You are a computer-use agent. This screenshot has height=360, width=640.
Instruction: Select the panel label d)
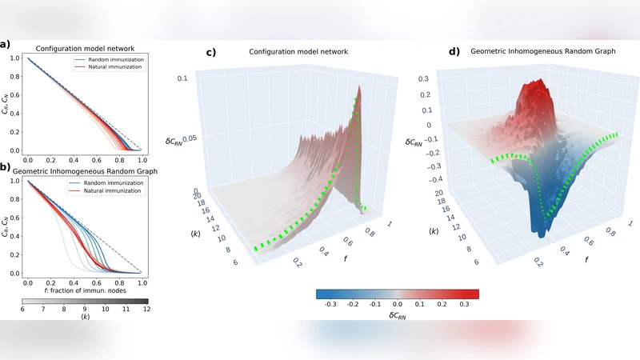[x=454, y=53]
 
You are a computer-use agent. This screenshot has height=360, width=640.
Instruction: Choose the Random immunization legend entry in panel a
[x=113, y=60]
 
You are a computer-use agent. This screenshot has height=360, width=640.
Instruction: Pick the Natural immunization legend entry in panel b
[x=113, y=192]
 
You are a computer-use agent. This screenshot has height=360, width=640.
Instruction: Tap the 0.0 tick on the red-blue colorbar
[x=397, y=305]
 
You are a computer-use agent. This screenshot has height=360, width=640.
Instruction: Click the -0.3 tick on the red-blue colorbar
[x=330, y=305]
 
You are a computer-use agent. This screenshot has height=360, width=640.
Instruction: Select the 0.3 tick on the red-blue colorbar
[x=466, y=305]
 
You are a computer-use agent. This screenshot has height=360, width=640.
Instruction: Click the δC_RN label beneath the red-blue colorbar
[x=397, y=316]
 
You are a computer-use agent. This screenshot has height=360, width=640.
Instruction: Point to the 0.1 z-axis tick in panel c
[x=182, y=78]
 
